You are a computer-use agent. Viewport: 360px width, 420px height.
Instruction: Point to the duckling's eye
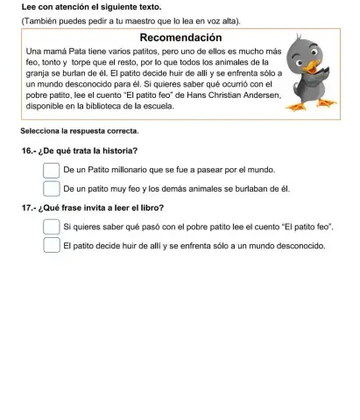coord(305,63)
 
